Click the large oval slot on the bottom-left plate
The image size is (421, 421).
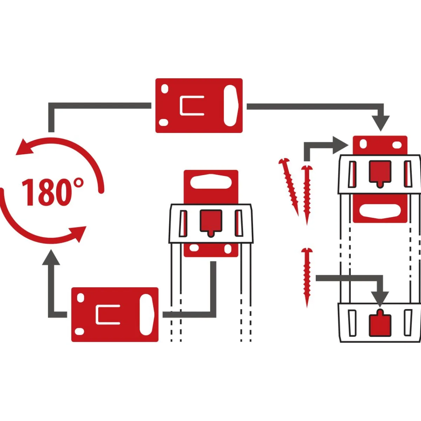coord(146,315)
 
